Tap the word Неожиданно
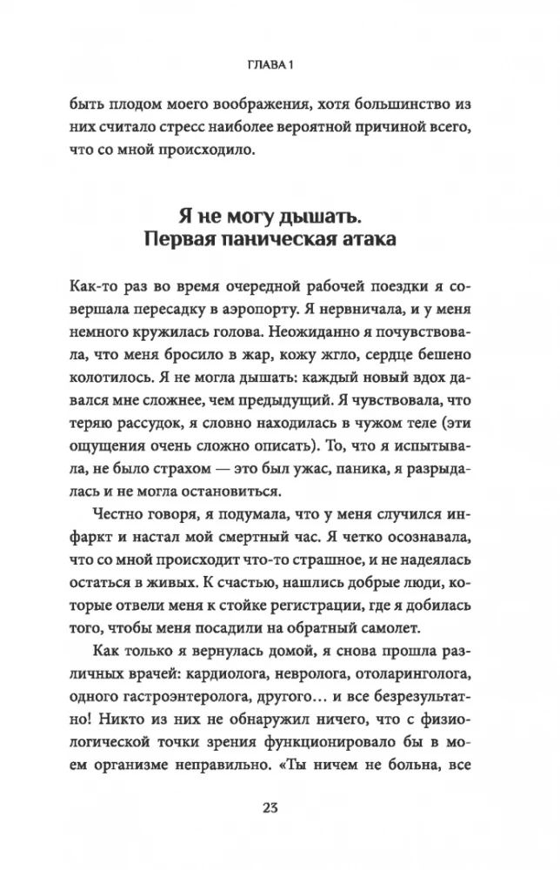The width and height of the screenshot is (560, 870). click(304, 331)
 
